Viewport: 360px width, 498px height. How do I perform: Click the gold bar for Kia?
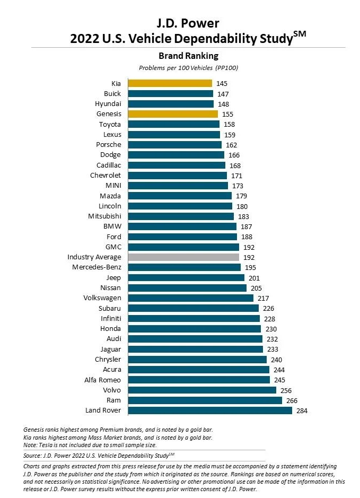[x=170, y=83]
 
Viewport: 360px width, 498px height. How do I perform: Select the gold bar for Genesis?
[x=172, y=114]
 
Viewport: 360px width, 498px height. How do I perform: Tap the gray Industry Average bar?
[x=183, y=257]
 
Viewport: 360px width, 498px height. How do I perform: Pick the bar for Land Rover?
[x=209, y=410]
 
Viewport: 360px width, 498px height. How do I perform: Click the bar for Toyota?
[x=173, y=124]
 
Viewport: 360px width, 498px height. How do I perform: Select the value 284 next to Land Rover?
[x=302, y=410]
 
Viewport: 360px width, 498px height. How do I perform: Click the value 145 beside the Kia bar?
[x=222, y=83]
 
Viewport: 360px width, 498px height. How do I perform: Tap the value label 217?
[x=264, y=298]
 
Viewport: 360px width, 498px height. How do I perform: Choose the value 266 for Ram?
[x=292, y=400]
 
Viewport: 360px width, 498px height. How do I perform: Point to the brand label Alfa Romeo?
[x=102, y=380]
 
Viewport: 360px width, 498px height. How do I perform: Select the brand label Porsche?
[x=108, y=145]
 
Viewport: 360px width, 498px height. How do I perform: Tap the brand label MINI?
[x=113, y=186]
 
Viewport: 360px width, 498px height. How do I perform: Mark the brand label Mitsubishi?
[x=104, y=216]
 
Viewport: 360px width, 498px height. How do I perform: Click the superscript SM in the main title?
[x=300, y=34]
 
